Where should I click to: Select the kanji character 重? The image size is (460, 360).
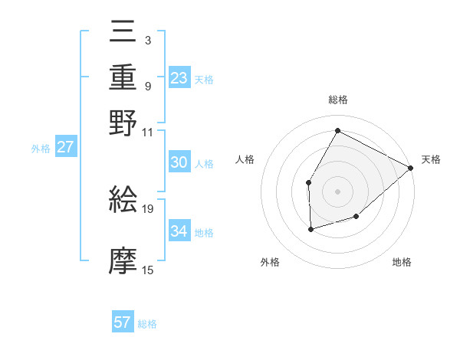click(123, 77)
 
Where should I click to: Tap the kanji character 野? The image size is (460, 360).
click(123, 123)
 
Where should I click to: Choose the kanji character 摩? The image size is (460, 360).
click(123, 261)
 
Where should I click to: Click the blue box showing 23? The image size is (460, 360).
click(179, 78)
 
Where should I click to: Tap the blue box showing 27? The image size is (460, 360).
click(65, 147)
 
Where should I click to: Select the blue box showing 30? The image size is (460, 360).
click(179, 162)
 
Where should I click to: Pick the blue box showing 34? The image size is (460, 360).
click(179, 231)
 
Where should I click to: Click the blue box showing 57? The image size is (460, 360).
click(123, 322)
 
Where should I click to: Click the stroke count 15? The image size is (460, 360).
click(148, 270)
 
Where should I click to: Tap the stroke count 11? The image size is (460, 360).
click(148, 132)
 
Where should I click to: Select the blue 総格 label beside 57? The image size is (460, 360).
click(147, 324)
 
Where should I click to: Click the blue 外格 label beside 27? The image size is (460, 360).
click(41, 149)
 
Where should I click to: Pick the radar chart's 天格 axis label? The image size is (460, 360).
click(431, 159)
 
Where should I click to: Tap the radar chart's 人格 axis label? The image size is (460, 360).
click(245, 159)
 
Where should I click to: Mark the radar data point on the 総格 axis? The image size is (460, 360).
click(337, 130)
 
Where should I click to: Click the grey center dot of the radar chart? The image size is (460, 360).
click(337, 191)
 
